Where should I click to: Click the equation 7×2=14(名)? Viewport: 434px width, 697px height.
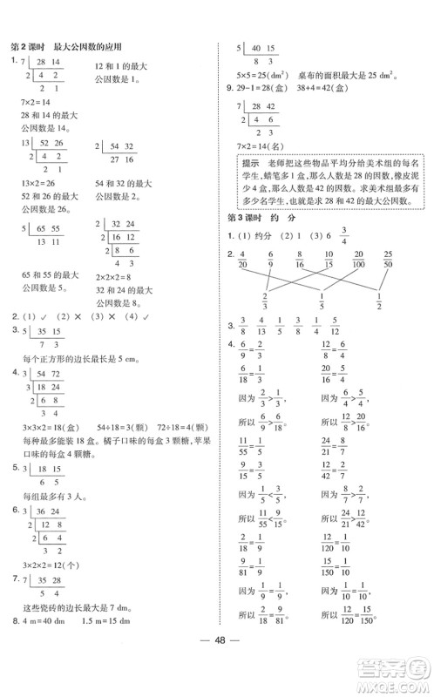click(x=264, y=143)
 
